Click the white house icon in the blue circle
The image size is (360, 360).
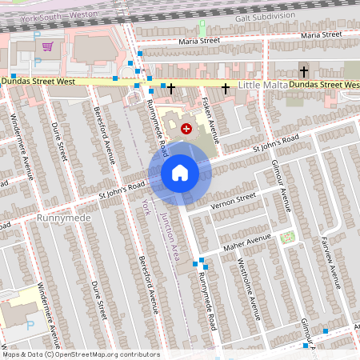tap(180, 172)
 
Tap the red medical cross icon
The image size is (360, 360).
tap(186, 128)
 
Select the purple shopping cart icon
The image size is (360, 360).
tap(47, 46)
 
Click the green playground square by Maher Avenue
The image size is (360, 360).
tap(287, 237)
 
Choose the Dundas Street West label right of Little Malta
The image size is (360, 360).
tap(323, 84)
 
